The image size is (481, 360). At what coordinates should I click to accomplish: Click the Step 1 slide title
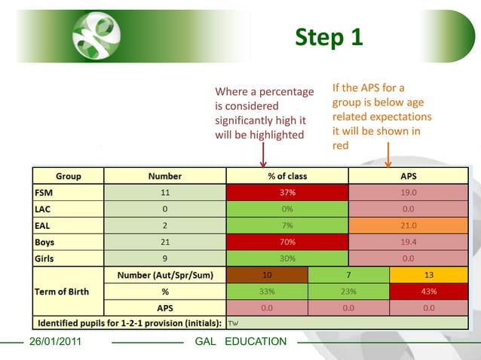(x=329, y=37)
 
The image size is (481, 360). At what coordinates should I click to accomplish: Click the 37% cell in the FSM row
(x=287, y=192)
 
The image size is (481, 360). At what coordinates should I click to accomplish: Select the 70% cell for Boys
(x=287, y=242)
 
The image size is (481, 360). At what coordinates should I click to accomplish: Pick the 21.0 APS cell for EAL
(x=408, y=225)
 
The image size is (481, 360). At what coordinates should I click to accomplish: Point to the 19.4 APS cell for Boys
(x=408, y=242)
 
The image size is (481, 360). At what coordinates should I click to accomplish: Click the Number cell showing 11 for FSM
(x=164, y=192)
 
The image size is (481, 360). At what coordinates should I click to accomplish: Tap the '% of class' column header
(x=287, y=176)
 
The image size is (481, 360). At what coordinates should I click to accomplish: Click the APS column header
(x=408, y=176)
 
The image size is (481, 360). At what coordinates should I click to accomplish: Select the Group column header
(x=68, y=176)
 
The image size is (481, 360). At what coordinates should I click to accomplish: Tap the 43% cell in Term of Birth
(x=429, y=291)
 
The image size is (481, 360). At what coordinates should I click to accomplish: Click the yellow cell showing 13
(x=429, y=275)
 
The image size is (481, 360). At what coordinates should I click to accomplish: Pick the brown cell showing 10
(x=267, y=275)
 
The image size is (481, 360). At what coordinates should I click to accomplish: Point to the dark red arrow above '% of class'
(x=263, y=155)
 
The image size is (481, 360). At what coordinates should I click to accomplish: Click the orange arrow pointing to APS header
(x=388, y=154)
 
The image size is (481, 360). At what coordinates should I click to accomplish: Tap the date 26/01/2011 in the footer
(x=55, y=342)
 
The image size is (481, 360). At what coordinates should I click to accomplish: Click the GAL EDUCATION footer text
(x=240, y=342)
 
